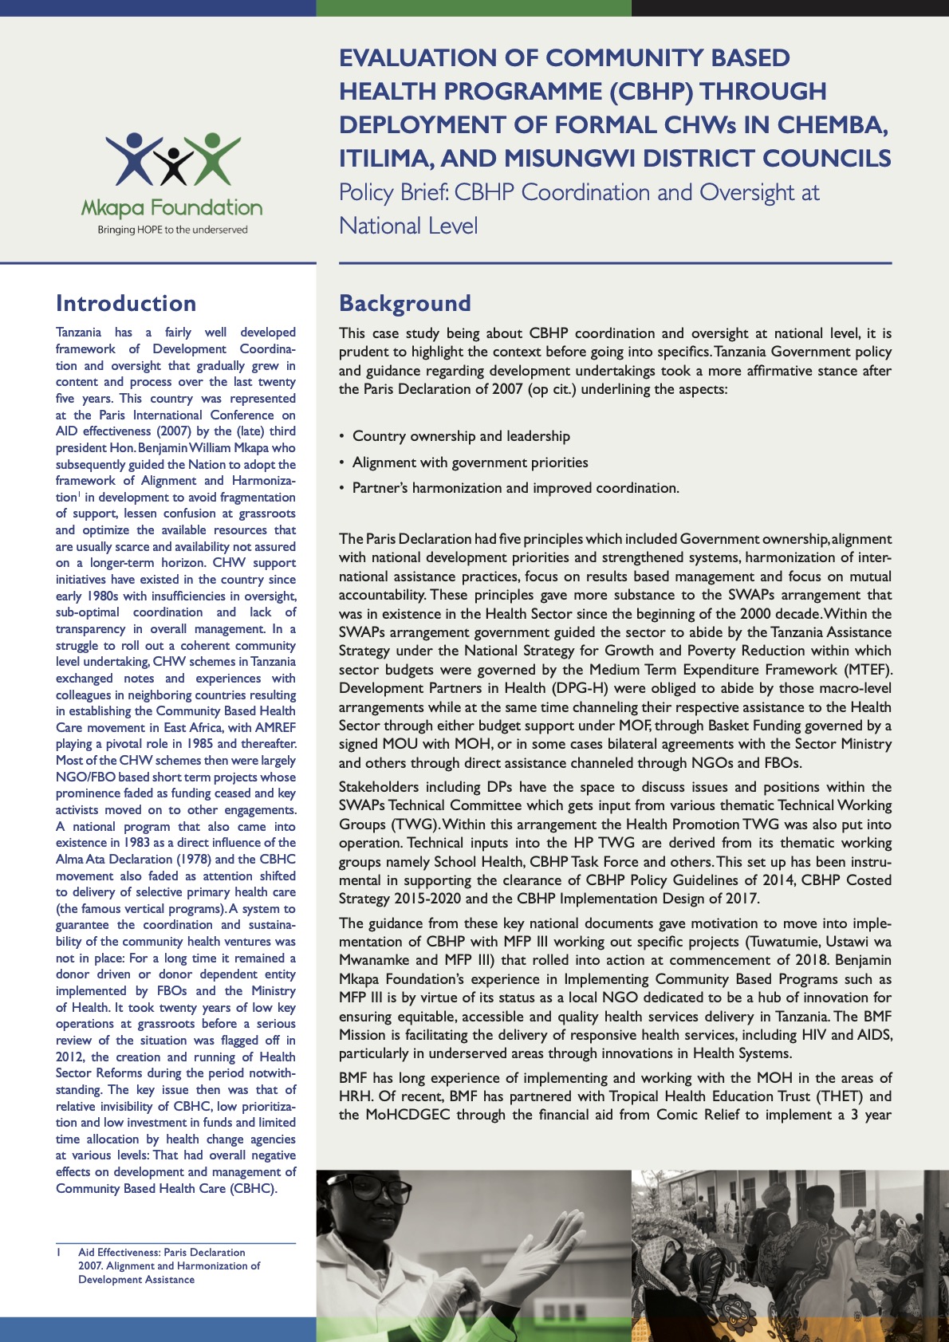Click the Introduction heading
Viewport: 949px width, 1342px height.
click(126, 304)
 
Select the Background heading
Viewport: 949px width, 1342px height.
click(405, 304)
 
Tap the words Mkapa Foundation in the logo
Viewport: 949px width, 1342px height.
click(171, 209)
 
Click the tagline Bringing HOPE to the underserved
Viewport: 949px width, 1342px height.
click(172, 230)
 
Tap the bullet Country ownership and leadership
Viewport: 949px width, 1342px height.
click(461, 436)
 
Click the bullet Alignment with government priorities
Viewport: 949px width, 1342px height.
click(470, 462)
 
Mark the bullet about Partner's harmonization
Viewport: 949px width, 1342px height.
click(515, 488)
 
